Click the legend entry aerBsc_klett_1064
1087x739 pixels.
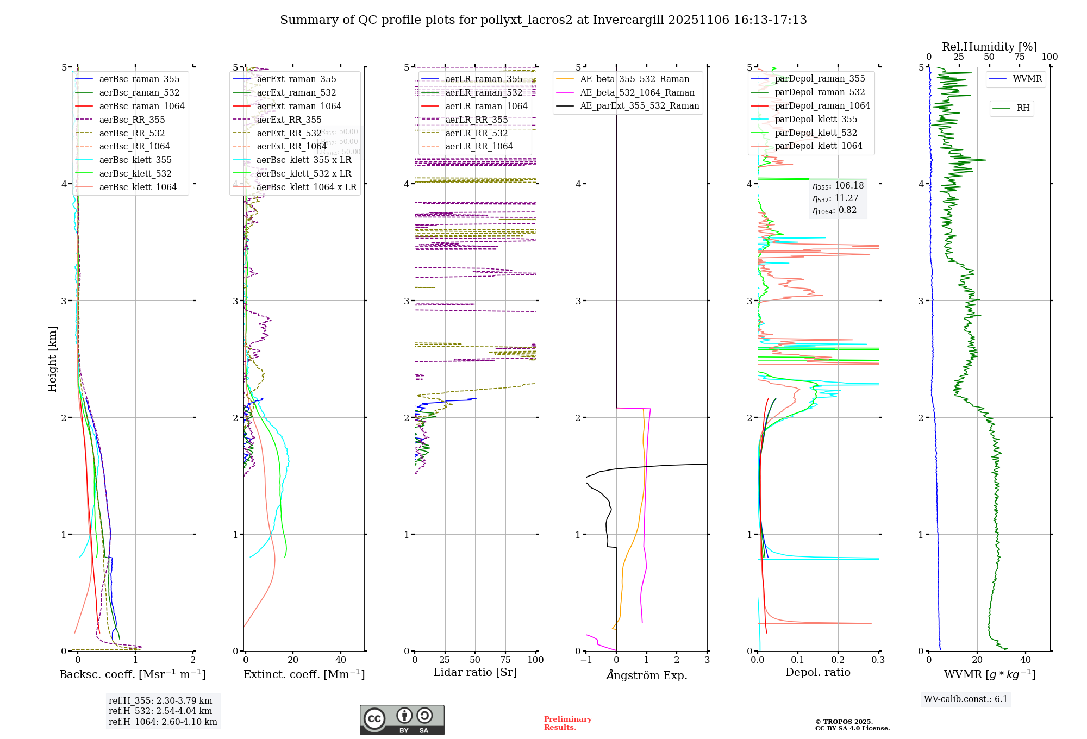point(138,187)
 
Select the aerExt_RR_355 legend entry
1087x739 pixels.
point(289,120)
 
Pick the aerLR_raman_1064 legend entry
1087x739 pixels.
point(486,106)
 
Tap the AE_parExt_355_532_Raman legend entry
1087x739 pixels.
point(639,105)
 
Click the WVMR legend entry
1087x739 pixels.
point(1027,79)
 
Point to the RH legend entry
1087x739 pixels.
point(1023,108)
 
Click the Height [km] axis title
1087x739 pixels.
point(52,359)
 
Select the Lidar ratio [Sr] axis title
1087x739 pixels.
point(474,672)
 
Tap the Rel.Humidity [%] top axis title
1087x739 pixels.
point(989,47)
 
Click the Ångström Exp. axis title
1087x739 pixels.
point(646,675)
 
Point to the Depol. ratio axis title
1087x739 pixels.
point(817,672)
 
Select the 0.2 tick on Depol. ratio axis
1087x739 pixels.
point(838,660)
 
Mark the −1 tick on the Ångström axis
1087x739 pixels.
point(586,660)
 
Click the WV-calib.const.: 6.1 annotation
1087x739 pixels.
point(966,699)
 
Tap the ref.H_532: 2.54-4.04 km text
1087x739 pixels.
point(160,711)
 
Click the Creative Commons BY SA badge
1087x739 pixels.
point(402,719)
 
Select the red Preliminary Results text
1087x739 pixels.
point(567,723)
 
